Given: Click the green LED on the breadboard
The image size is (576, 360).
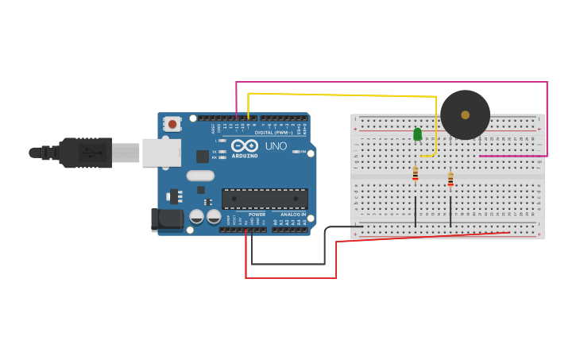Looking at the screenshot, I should (417, 134).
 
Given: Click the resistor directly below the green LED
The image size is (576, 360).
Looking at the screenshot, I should (415, 172).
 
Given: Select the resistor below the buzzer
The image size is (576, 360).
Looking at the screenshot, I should (450, 180).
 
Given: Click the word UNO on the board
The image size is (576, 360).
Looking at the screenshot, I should (276, 146).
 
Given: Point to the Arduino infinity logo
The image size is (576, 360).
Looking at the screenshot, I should (245, 146).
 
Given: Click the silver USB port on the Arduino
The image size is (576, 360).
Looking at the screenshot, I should (161, 153).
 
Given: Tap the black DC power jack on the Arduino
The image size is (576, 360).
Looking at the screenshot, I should (166, 219).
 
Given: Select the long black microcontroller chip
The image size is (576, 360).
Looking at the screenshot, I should (265, 199).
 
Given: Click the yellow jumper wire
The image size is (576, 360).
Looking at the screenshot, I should (342, 95).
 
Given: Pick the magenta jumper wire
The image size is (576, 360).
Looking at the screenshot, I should (389, 82).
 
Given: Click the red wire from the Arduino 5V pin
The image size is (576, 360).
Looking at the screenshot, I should (290, 277).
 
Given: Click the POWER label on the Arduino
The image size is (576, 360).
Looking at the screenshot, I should (257, 215).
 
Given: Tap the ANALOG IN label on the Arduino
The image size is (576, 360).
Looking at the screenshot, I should (292, 215).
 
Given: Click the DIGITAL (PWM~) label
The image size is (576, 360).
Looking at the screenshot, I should (275, 132).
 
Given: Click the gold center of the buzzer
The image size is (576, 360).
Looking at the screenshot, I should (465, 114).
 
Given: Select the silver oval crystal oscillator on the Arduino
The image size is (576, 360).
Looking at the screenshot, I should (200, 176).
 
